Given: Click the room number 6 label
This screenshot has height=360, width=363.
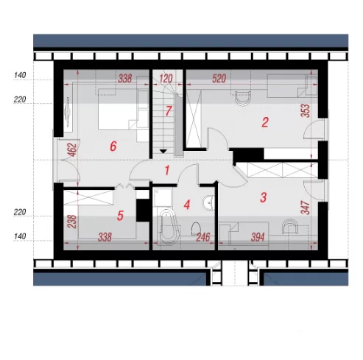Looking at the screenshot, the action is pos(113,147).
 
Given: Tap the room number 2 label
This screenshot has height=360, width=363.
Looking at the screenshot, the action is pos(265,122).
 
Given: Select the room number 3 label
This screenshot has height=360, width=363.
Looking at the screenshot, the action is pos(263,197).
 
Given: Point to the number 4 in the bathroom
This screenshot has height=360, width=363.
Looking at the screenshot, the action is pos(187,205).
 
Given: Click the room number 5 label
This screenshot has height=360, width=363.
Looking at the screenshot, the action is pos(120,216).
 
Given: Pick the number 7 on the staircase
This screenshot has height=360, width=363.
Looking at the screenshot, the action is pos(168,111).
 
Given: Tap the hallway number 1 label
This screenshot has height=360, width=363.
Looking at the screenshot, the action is pos(167,170).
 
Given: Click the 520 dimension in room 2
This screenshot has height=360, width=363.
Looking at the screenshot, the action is pos(219,79).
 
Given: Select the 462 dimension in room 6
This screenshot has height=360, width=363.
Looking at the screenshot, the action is pos(73,149).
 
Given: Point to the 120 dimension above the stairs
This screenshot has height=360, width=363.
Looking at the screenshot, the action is pos(166,79).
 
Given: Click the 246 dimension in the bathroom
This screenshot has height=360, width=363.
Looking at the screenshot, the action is pos(203,237).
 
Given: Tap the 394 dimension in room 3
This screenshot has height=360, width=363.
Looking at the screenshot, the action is pos(258,237).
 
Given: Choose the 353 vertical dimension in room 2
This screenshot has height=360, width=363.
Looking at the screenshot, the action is pos(306,111).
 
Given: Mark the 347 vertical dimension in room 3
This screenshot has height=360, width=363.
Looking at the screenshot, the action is pos(305,208).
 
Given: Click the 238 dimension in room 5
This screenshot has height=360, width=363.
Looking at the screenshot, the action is pos(73,222).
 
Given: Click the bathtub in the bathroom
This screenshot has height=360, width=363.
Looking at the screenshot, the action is pos(168,227).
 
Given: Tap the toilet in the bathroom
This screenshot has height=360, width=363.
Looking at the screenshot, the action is pos(196,228).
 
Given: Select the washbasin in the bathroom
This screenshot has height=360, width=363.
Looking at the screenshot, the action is pos(208,202).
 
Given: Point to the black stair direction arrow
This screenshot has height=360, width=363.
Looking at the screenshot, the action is pos(163,151).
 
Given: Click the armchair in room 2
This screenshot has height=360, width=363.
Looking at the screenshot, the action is pos(243,99).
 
